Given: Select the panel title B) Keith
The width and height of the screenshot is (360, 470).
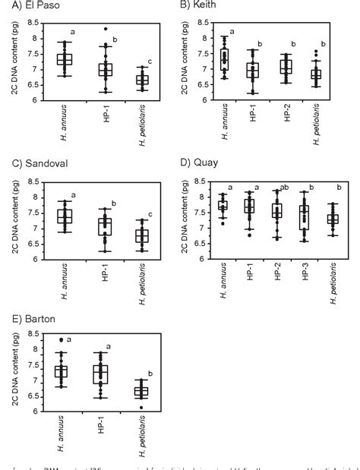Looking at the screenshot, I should tap(199, 5).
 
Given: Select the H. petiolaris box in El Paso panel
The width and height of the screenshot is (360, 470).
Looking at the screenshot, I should tap(141, 80).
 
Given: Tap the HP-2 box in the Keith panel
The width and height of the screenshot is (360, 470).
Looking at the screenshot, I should tap(286, 68).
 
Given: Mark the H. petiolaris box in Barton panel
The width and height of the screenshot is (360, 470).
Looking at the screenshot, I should tap(141, 391).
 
